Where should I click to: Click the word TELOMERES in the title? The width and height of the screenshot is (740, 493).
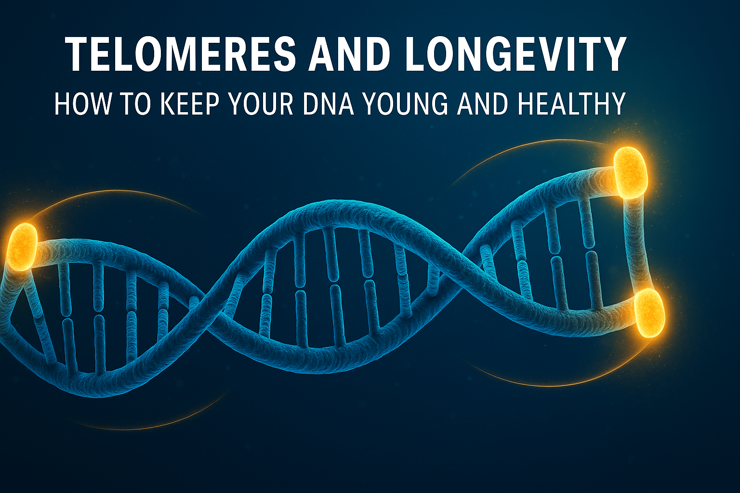tap(180, 53)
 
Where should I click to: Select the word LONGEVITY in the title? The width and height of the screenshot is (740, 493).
tap(515, 53)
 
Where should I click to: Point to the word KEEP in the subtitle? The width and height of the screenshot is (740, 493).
tap(190, 104)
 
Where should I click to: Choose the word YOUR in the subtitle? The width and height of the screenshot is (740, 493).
tap(262, 104)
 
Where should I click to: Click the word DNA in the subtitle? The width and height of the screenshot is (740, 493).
tap(328, 104)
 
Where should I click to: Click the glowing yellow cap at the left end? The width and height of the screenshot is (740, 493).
tap(22, 247)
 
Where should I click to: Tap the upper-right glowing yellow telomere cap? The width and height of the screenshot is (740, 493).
tap(631, 173)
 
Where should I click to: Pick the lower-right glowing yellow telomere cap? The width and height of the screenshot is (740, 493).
tap(649, 313)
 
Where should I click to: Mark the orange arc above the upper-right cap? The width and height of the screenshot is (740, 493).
tap(529, 142)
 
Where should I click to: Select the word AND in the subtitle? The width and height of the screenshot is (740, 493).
tap(482, 104)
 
